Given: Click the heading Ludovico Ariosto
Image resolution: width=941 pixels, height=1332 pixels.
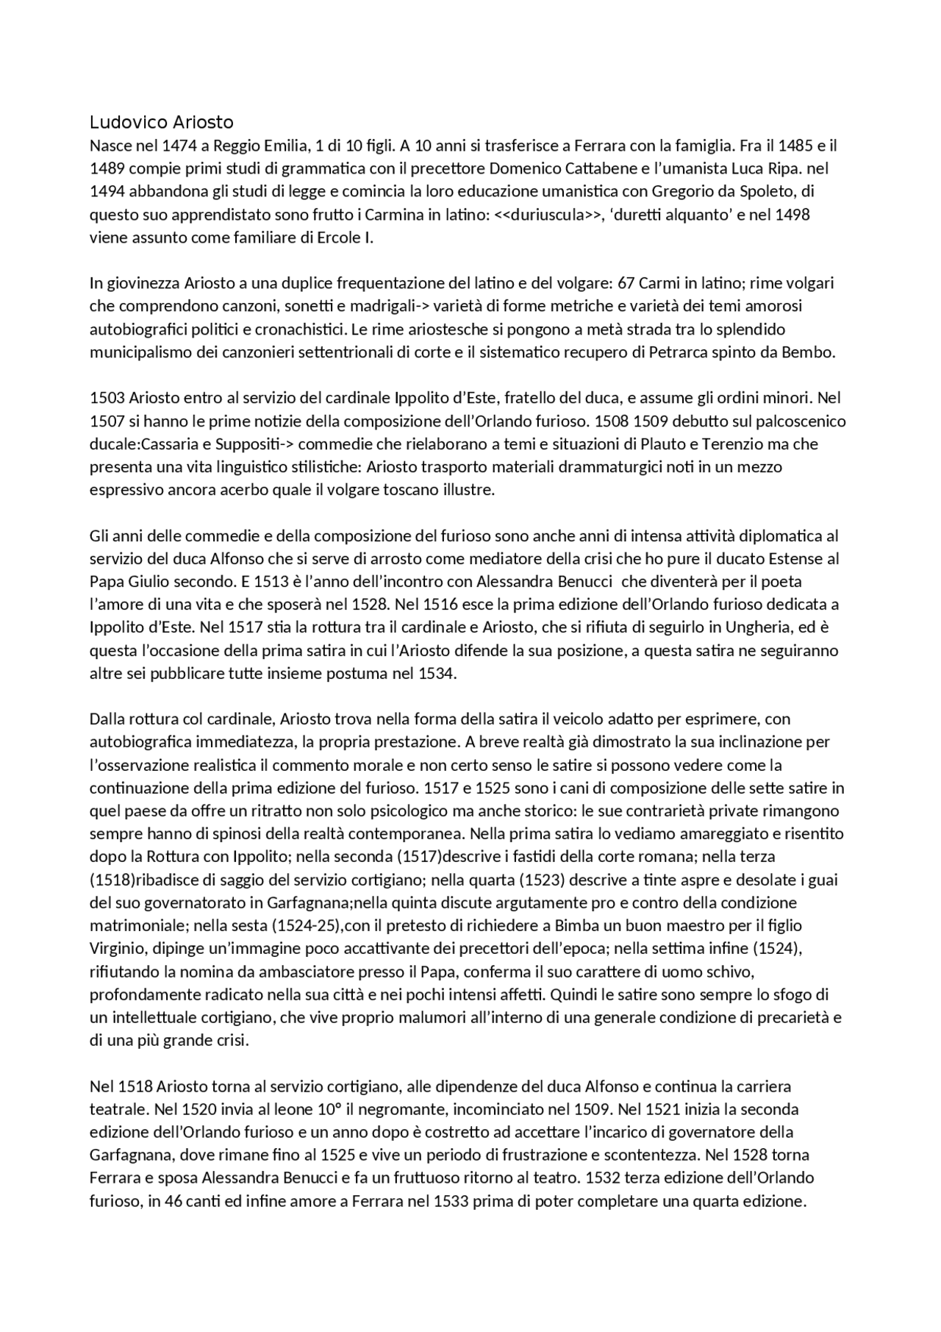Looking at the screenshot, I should tap(161, 122).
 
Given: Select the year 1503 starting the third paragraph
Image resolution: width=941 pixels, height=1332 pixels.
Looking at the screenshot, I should tap(107, 398).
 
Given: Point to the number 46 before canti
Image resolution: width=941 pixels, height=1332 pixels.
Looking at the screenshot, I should tap(163, 1201).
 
